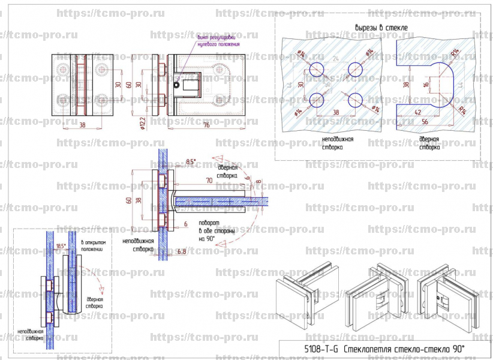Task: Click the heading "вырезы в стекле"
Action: coord(381,28)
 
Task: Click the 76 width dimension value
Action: coord(205,125)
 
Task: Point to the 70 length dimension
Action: coord(209,179)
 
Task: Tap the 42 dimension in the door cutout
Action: coord(419,112)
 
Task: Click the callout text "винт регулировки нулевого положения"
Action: coord(215,41)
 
